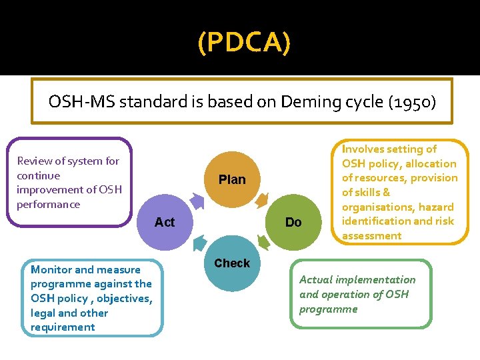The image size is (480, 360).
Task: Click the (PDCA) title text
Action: pyautogui.click(x=244, y=43)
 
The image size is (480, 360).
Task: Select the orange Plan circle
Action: pyautogui.click(x=232, y=179)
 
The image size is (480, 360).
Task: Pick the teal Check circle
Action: pyautogui.click(x=232, y=263)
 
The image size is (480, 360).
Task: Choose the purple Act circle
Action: pyautogui.click(x=165, y=222)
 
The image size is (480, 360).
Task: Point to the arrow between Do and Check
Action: pyautogui.click(x=264, y=243)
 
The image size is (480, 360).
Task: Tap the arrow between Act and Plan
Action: pyautogui.click(x=197, y=199)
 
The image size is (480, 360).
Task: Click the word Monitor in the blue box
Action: pyautogui.click(x=51, y=269)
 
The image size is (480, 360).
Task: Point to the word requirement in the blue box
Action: pyautogui.click(x=63, y=327)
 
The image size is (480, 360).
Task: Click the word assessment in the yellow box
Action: pyautogui.click(x=371, y=235)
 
